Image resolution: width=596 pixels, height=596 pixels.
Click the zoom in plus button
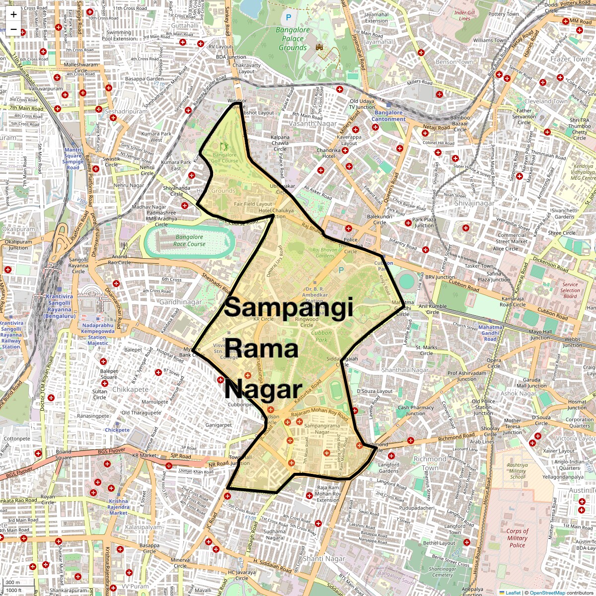(13, 14)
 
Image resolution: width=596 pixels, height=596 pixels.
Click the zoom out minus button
(13, 29)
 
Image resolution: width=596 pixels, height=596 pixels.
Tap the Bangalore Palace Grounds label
(293, 39)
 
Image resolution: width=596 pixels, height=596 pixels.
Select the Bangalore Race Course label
(189, 240)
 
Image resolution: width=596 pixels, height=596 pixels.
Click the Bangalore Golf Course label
(224, 157)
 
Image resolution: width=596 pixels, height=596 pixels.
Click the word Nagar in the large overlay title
(263, 390)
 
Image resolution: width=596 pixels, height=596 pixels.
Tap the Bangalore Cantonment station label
(388, 116)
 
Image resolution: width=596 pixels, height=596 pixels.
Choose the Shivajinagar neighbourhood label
(474, 203)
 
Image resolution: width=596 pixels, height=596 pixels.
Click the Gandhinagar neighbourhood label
(180, 301)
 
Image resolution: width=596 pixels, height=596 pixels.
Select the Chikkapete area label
(130, 389)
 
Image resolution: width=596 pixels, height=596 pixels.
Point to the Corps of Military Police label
(517, 538)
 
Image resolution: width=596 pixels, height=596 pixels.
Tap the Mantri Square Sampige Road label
(73, 158)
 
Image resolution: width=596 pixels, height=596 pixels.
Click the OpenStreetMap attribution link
(547, 593)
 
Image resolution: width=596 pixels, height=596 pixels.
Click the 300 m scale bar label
(13, 583)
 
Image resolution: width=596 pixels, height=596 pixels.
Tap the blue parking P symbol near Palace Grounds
(289, 18)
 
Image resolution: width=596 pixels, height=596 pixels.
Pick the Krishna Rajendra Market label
(119, 507)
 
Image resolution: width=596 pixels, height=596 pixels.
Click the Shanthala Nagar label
(405, 370)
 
